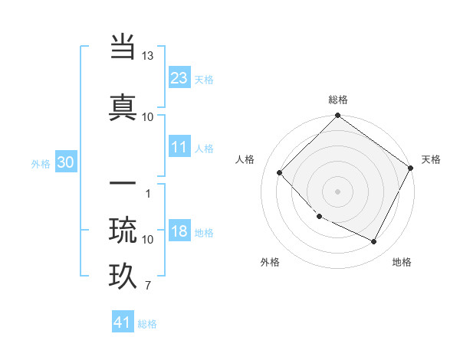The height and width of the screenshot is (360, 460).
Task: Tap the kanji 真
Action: coord(123,106)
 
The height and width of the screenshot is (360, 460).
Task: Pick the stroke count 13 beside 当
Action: coord(147,57)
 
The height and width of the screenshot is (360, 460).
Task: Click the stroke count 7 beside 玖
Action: coord(147,286)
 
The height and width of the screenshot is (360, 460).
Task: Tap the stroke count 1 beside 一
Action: coord(147,193)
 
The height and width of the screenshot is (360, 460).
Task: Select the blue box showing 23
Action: coord(179,78)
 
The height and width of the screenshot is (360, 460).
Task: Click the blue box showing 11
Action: coord(179,147)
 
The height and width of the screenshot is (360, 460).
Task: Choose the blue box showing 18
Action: coord(179,231)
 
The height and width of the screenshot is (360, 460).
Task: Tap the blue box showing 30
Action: coord(65,162)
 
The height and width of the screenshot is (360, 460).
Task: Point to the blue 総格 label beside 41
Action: coord(147,324)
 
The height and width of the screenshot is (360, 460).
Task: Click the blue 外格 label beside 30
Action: coord(41,163)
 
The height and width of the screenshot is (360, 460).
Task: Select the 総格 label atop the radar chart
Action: coord(338,100)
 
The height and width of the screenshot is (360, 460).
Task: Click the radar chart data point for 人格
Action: coord(280,173)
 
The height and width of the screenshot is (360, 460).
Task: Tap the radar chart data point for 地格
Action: coord(374,242)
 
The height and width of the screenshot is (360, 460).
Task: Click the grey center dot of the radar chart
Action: coord(338,191)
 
